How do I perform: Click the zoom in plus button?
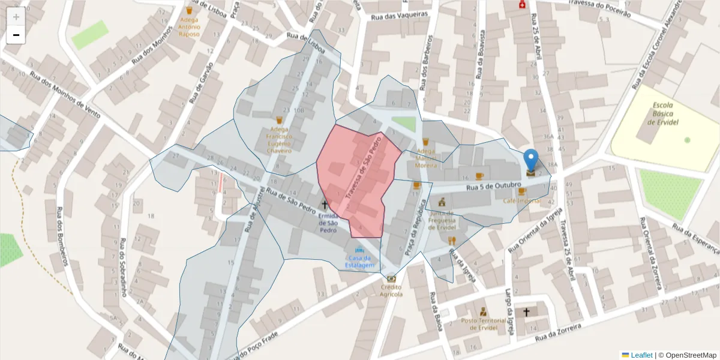click(x=16, y=17)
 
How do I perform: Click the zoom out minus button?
click(x=16, y=35)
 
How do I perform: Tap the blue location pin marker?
click(x=531, y=160)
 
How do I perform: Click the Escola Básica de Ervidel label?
click(x=663, y=114)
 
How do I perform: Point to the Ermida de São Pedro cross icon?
click(x=325, y=205)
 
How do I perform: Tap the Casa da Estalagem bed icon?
click(x=359, y=250)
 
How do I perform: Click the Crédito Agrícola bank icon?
click(x=391, y=278)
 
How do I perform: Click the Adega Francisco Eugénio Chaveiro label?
click(x=279, y=139)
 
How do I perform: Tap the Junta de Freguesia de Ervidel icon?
click(x=443, y=201)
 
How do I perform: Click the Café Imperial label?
click(x=521, y=201)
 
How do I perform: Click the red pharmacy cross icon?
click(x=523, y=5)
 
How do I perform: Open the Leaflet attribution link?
click(x=641, y=355)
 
